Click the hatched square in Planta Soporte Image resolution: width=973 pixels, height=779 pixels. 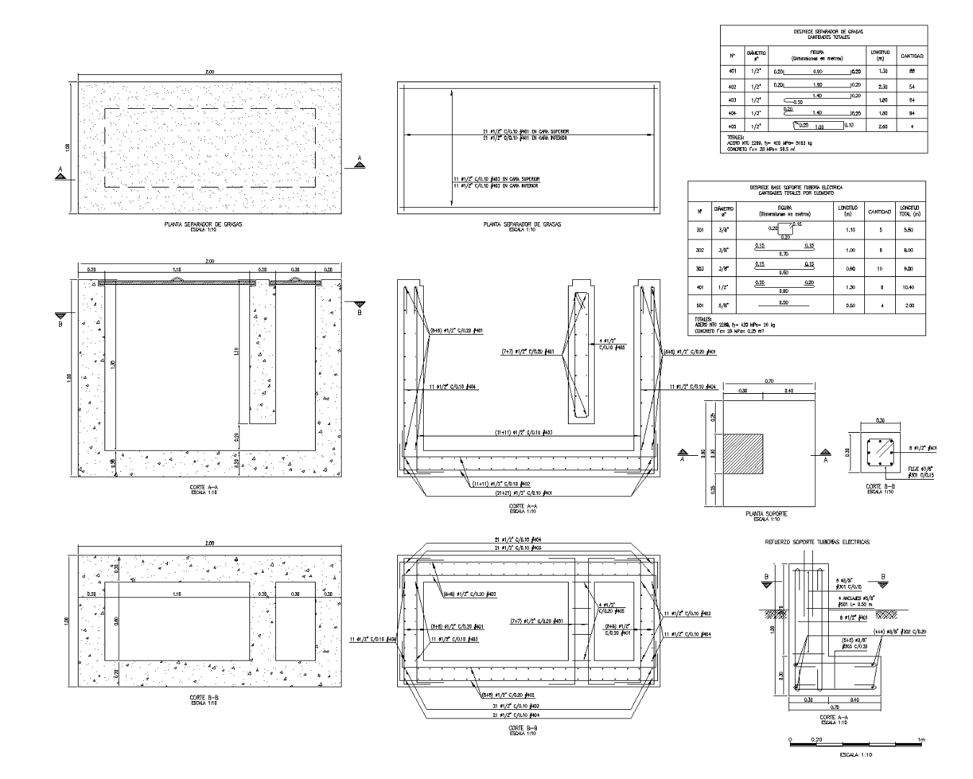742,454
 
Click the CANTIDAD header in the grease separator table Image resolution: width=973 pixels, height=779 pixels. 911,56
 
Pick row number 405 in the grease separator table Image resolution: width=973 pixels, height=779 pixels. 732,127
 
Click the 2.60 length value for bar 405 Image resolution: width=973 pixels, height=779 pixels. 882,127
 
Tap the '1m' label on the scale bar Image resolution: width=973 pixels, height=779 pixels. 922,740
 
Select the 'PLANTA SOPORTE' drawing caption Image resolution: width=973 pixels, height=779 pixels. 765,514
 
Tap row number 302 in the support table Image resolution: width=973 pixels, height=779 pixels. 699,250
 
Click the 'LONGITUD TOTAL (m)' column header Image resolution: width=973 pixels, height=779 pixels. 910,211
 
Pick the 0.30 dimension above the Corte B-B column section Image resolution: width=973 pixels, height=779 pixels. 880,420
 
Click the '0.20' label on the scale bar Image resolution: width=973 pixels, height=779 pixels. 817,740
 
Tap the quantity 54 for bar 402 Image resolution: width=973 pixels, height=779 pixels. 911,86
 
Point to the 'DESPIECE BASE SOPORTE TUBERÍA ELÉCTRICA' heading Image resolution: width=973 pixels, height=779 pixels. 786,187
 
